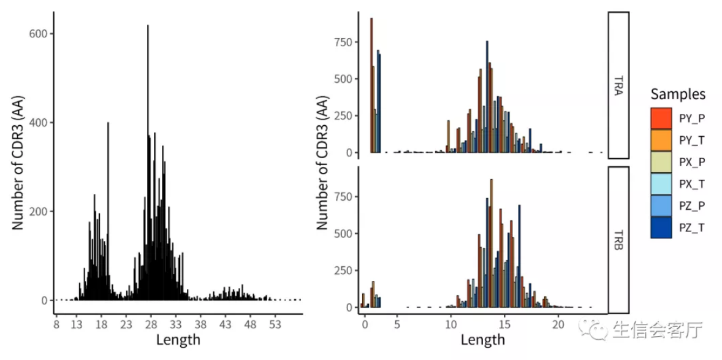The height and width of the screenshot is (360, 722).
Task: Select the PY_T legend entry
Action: (x=661, y=140)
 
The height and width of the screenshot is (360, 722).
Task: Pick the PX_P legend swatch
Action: (x=661, y=162)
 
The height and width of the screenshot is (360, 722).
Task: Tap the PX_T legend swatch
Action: (x=661, y=183)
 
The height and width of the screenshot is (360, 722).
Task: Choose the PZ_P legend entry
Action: (x=661, y=205)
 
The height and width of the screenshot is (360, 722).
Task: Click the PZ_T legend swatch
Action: (x=661, y=228)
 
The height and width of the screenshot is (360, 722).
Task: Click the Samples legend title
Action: (x=678, y=94)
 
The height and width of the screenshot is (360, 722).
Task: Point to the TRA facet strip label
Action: (x=618, y=85)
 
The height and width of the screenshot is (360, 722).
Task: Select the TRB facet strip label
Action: (x=618, y=240)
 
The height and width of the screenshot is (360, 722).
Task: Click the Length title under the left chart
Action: (x=178, y=339)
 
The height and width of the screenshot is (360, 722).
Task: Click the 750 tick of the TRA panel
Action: (x=342, y=42)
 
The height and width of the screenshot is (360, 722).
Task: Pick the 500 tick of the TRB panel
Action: (x=342, y=234)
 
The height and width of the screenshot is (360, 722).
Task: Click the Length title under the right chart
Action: (x=482, y=339)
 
